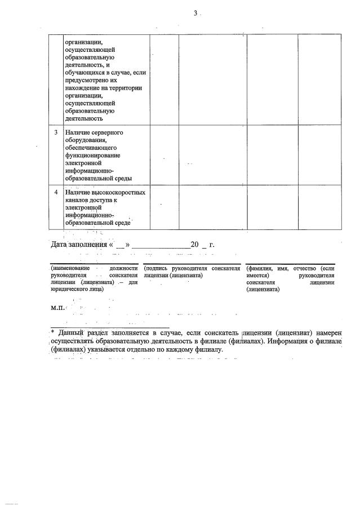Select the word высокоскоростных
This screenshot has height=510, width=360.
click(118, 193)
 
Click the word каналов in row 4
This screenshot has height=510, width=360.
click(77, 200)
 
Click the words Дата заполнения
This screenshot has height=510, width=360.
click(81, 245)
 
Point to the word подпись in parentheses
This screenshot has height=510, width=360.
click(158, 269)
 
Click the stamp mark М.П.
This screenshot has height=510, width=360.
click(57, 308)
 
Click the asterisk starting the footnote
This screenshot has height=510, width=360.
click(52, 332)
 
